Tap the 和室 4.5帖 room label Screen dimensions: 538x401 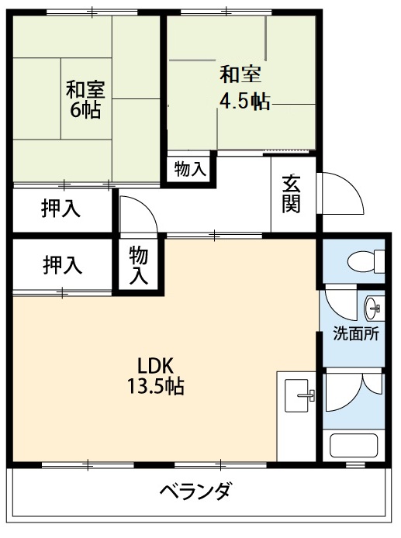coord(242,88)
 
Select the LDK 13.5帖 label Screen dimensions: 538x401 coord(155,376)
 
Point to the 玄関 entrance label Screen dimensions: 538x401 coord(292,194)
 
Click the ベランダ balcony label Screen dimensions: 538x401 coord(195,491)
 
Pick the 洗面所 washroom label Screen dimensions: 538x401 coord(355,335)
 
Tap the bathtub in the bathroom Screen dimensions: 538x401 coord(354,447)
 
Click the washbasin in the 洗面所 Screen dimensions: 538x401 coord(373,307)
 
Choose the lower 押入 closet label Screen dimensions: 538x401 coord(62,265)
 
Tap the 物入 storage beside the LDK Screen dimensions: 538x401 coord(139,265)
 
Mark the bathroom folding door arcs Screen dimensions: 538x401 coord(354,392)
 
